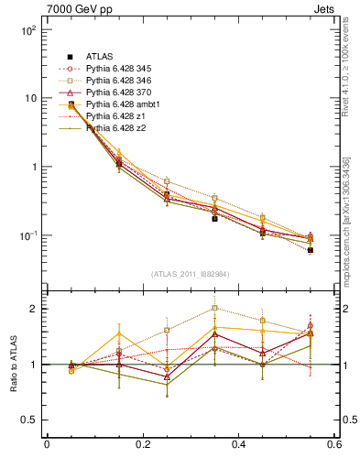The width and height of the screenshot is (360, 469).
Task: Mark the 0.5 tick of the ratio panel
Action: (28, 420)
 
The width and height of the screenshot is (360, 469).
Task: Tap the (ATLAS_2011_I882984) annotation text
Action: (190, 274)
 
